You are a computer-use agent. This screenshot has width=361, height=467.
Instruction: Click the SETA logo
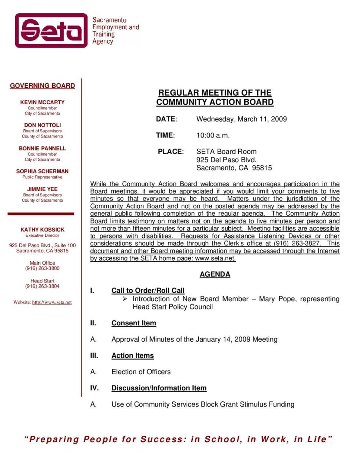tap(51, 30)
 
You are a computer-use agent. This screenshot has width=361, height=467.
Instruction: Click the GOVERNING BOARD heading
tap(42, 86)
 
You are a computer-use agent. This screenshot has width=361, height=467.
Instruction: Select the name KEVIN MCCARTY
tap(42, 102)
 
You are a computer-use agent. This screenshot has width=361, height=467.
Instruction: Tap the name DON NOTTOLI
tap(42, 125)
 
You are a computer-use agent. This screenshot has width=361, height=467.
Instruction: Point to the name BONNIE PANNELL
tap(42, 148)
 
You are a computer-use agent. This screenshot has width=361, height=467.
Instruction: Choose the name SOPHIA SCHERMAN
tap(42, 171)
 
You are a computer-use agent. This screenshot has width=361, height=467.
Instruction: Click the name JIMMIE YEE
tap(42, 189)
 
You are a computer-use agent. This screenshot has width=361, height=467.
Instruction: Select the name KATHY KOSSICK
tap(42, 230)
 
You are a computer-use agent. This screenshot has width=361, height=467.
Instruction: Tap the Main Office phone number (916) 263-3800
tap(42, 268)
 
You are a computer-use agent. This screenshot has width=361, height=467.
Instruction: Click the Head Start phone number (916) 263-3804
tap(42, 286)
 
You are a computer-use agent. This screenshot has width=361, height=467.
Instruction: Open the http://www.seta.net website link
tap(52, 302)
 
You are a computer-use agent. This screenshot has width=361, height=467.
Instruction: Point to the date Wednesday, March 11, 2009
tap(241, 119)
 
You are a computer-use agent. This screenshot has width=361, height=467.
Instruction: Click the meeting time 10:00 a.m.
tap(213, 135)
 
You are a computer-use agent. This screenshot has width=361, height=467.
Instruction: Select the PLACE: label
tap(170, 152)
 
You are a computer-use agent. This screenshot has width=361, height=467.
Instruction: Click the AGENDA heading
tap(215, 274)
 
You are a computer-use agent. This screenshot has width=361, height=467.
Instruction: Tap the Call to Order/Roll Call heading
tap(148, 291)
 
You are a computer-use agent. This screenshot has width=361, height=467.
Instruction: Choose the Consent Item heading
tap(134, 323)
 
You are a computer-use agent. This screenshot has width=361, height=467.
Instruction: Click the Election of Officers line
tap(141, 372)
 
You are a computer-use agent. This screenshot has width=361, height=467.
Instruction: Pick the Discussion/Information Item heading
tap(159, 388)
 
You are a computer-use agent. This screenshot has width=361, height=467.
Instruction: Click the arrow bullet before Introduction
tap(125, 299)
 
